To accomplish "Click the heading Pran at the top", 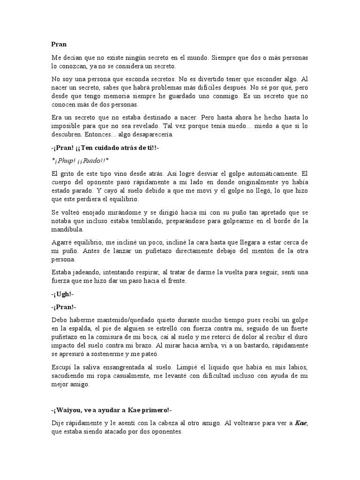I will point(59,45).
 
